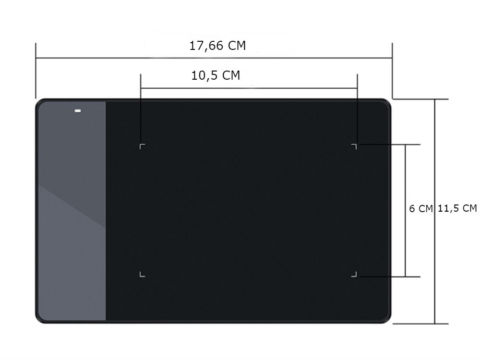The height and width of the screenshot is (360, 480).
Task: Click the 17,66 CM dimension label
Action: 217,46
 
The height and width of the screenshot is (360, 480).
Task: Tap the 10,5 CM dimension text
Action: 216,75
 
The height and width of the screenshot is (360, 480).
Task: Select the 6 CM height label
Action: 421,208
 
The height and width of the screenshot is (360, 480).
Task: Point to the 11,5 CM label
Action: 457,208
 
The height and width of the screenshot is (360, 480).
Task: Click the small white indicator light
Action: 78,110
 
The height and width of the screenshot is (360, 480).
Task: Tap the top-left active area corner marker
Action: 142,146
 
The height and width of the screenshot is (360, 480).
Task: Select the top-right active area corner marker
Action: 354,146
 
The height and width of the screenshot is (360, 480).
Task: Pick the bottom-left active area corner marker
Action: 142,274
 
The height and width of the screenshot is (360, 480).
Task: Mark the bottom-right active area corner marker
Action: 354,274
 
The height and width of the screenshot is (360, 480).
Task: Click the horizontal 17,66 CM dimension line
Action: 214,58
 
